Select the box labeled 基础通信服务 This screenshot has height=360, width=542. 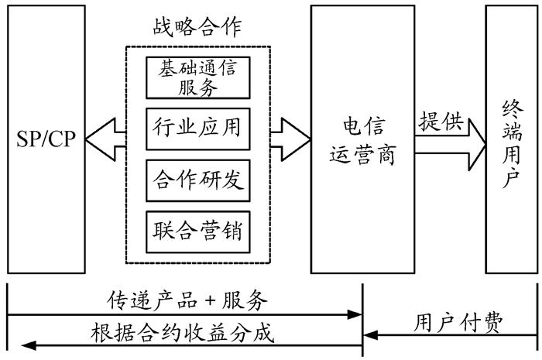(x=197, y=78)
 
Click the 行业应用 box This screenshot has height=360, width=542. (x=197, y=129)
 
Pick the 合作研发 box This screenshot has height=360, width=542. (x=197, y=180)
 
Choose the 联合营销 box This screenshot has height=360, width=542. (x=197, y=231)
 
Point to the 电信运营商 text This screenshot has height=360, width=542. (x=363, y=142)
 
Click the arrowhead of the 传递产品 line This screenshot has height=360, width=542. (x=356, y=314)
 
